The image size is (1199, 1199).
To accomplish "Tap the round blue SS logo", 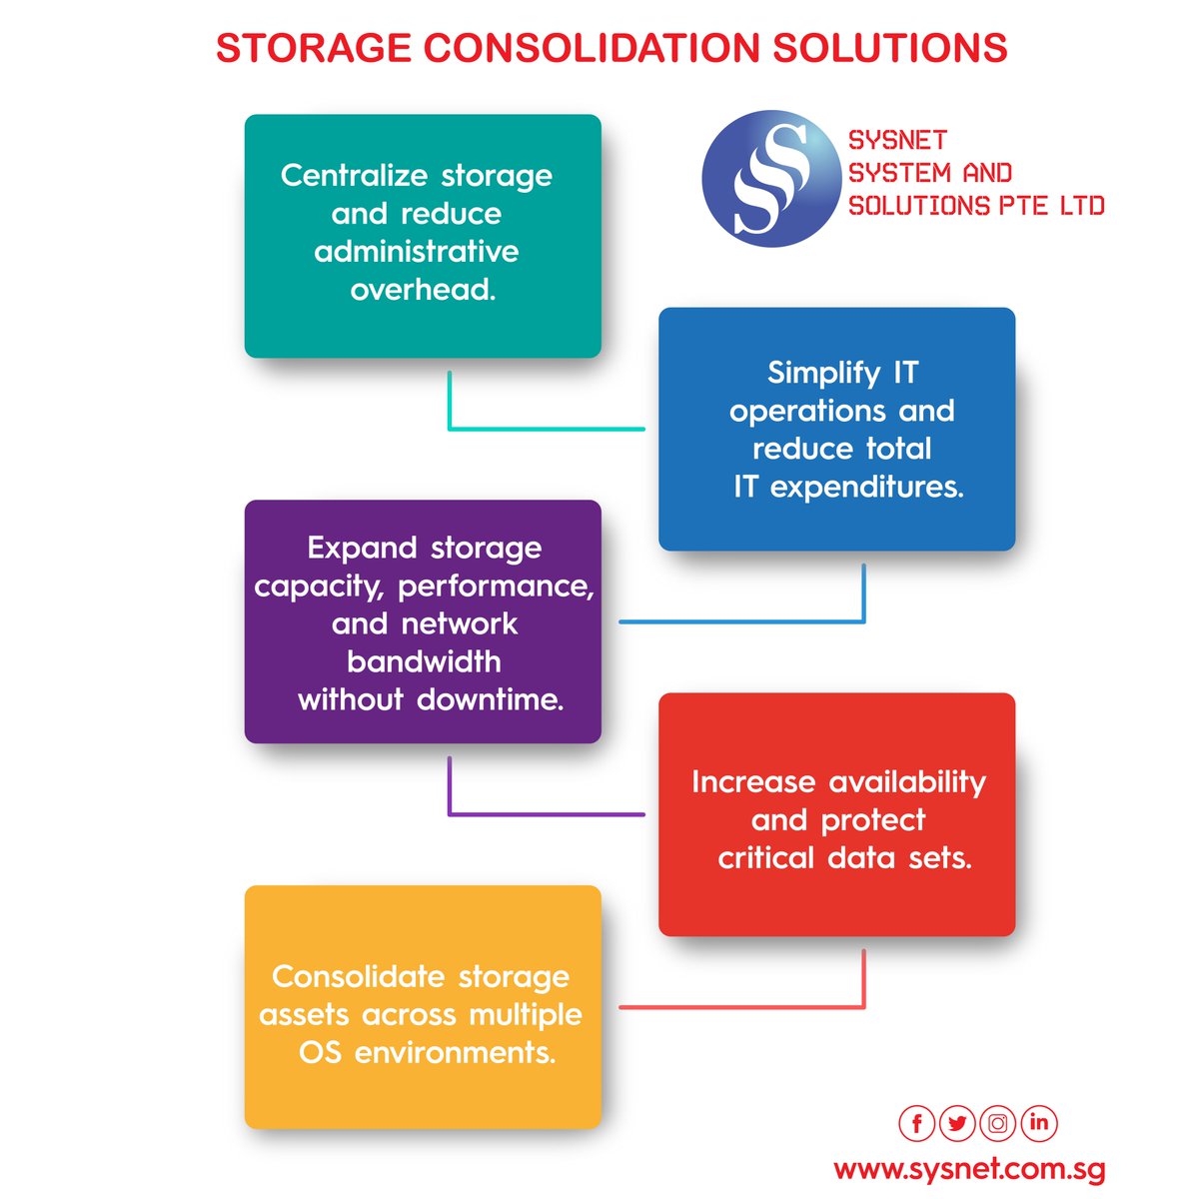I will click(770, 179).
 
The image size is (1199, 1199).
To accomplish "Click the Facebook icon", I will click(916, 1123).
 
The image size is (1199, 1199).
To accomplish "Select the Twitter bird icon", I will click(957, 1123).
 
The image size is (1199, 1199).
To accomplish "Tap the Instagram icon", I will click(998, 1123).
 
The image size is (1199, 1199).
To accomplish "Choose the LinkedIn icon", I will click(1039, 1123).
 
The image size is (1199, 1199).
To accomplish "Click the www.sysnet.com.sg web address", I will click(969, 1168).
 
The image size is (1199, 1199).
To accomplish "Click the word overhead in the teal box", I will click(423, 290).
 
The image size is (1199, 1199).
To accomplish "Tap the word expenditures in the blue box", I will click(866, 487).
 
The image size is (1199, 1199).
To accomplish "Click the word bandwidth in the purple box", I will click(424, 661).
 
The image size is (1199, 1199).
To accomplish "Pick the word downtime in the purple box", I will click(490, 699).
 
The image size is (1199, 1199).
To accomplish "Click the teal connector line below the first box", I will click(545, 429).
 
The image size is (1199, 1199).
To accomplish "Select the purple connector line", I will click(545, 814).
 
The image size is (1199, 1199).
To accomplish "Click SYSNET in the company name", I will click(897, 141).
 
